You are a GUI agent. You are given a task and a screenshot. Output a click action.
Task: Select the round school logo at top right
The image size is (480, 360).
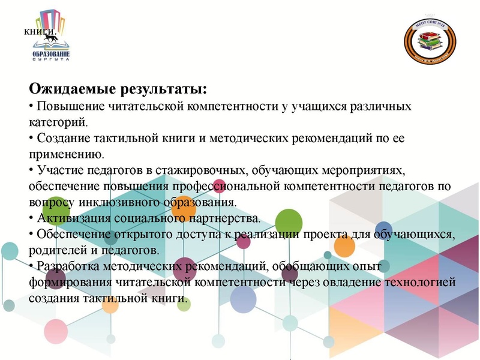430,41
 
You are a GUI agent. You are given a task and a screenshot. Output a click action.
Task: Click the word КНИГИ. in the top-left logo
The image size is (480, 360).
40,32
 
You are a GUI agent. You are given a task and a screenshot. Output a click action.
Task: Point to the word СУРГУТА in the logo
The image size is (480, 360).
50,59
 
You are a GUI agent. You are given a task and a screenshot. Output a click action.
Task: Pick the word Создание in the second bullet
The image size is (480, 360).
59,139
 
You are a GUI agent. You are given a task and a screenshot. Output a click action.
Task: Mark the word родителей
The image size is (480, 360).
54,248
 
